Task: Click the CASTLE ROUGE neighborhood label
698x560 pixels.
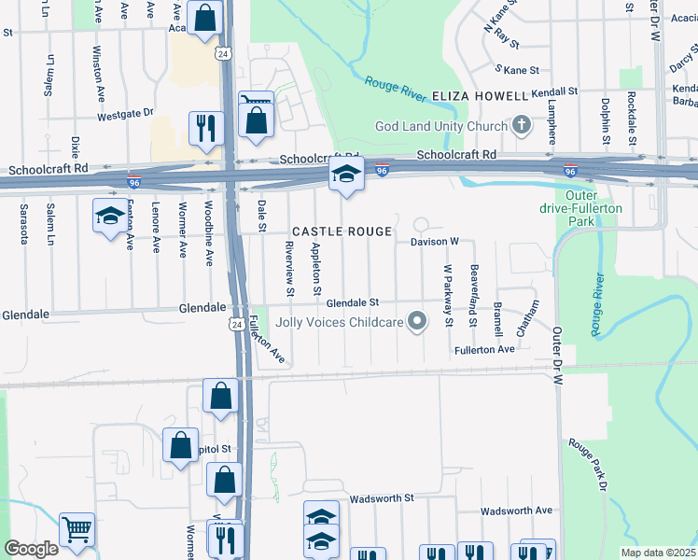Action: (341, 231)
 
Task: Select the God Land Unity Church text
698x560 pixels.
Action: (440, 126)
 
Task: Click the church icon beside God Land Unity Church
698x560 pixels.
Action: (521, 126)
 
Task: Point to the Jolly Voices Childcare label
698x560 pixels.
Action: (340, 323)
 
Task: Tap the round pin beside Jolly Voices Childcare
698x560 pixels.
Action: (417, 323)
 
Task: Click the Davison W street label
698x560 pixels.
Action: (435, 241)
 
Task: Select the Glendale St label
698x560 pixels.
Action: (353, 302)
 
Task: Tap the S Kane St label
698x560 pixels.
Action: (518, 70)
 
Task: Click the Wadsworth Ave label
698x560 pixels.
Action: (516, 511)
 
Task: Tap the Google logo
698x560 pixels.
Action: (31, 549)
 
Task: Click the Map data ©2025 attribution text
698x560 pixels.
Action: (657, 553)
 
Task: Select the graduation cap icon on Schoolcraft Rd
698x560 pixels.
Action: (345, 175)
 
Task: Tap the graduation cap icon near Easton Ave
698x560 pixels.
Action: (110, 216)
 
